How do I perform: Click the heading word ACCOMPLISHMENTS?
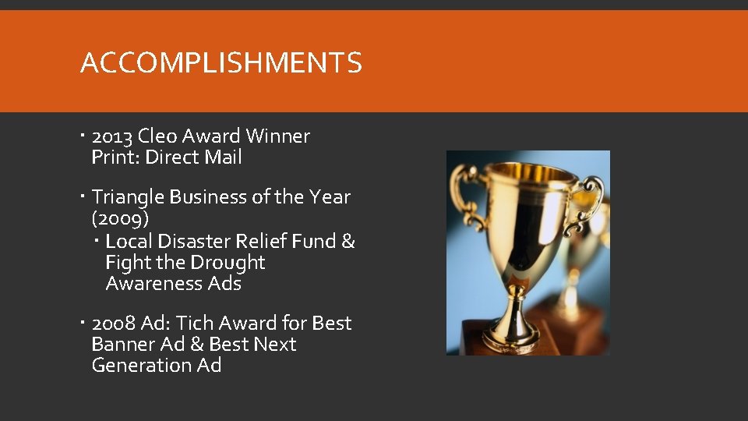[x=221, y=63]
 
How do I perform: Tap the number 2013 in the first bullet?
[x=112, y=136]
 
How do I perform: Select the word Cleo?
[x=157, y=136]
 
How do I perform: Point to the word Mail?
[x=223, y=157]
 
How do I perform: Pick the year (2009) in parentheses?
[x=120, y=218]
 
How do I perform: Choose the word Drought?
[x=228, y=263]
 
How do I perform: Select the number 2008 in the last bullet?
[x=113, y=324]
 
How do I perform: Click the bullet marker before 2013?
[x=83, y=136]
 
